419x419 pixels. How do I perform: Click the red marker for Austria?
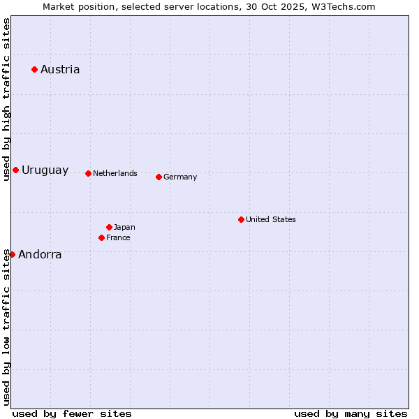tap(34, 69)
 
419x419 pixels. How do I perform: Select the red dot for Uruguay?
tap(15, 170)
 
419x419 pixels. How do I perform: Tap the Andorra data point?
tap(12, 254)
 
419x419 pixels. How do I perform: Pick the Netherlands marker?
tap(88, 173)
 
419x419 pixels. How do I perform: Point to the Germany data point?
tap(159, 177)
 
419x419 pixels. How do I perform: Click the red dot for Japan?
tap(109, 227)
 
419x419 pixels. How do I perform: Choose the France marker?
tap(101, 237)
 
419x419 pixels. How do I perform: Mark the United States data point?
tap(241, 219)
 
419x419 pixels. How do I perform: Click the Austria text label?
tap(60, 69)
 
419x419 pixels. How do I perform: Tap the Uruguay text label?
tap(45, 170)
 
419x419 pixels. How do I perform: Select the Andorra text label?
tap(40, 255)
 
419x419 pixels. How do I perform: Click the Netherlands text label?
tap(115, 173)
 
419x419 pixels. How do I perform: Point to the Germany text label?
tap(180, 177)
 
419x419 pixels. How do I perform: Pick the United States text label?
tap(271, 219)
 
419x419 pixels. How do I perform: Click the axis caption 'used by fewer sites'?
tap(72, 413)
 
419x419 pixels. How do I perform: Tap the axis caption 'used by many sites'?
tap(351, 413)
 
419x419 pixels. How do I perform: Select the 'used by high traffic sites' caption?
tap(6, 99)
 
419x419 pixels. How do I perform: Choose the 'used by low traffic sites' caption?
tap(6, 327)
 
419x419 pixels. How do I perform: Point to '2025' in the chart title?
tap(279, 6)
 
